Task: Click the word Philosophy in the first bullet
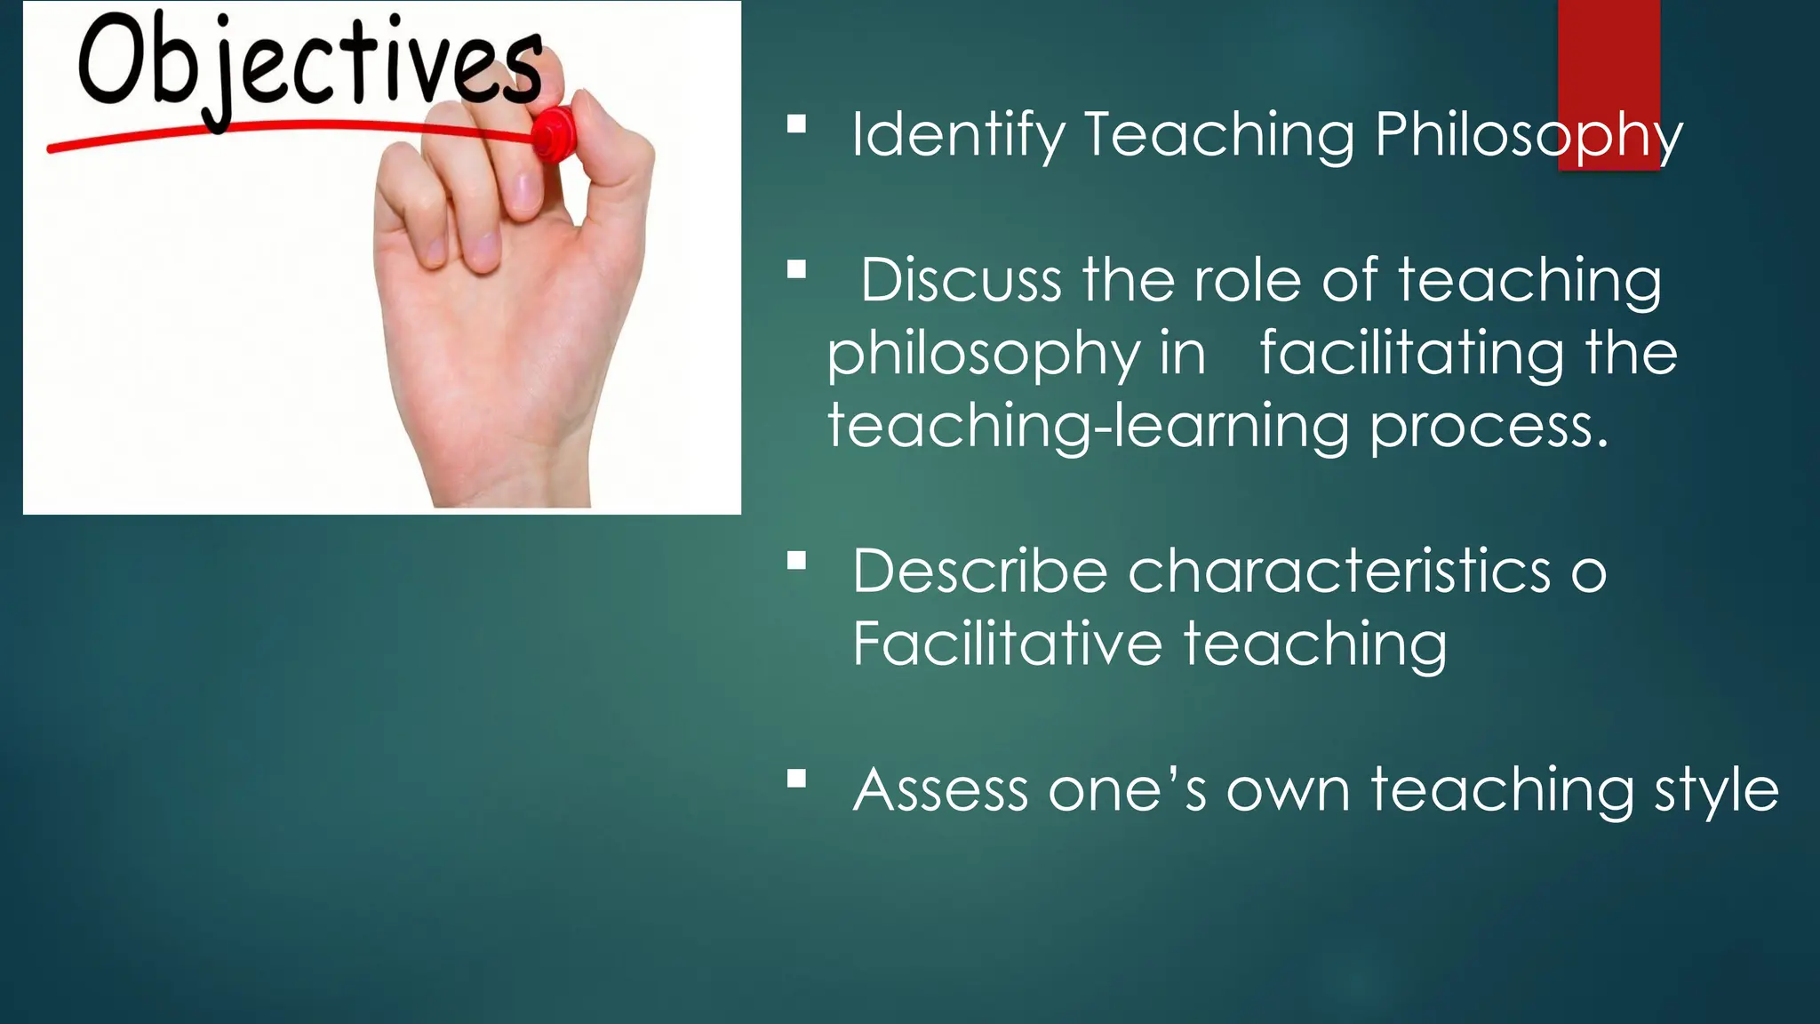1529,136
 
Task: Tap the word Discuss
960,281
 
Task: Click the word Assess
940,790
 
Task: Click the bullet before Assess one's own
796,779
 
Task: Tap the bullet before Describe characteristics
796,560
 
